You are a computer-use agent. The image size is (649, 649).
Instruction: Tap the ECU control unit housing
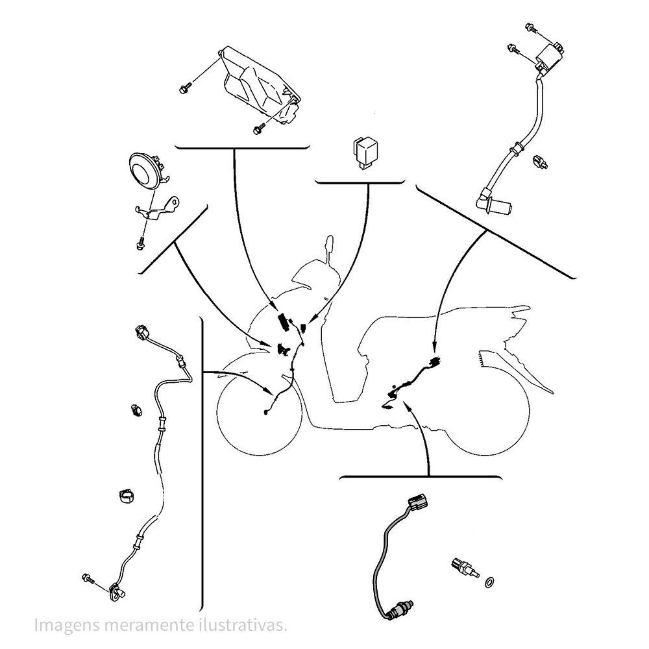[x=260, y=84]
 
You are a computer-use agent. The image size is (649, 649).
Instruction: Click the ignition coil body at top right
[x=548, y=56]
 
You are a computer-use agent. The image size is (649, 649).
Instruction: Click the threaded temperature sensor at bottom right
[x=463, y=567]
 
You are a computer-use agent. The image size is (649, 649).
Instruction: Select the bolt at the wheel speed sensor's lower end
[x=88, y=578]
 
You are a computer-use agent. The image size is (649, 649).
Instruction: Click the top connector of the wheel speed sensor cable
[x=141, y=334]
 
